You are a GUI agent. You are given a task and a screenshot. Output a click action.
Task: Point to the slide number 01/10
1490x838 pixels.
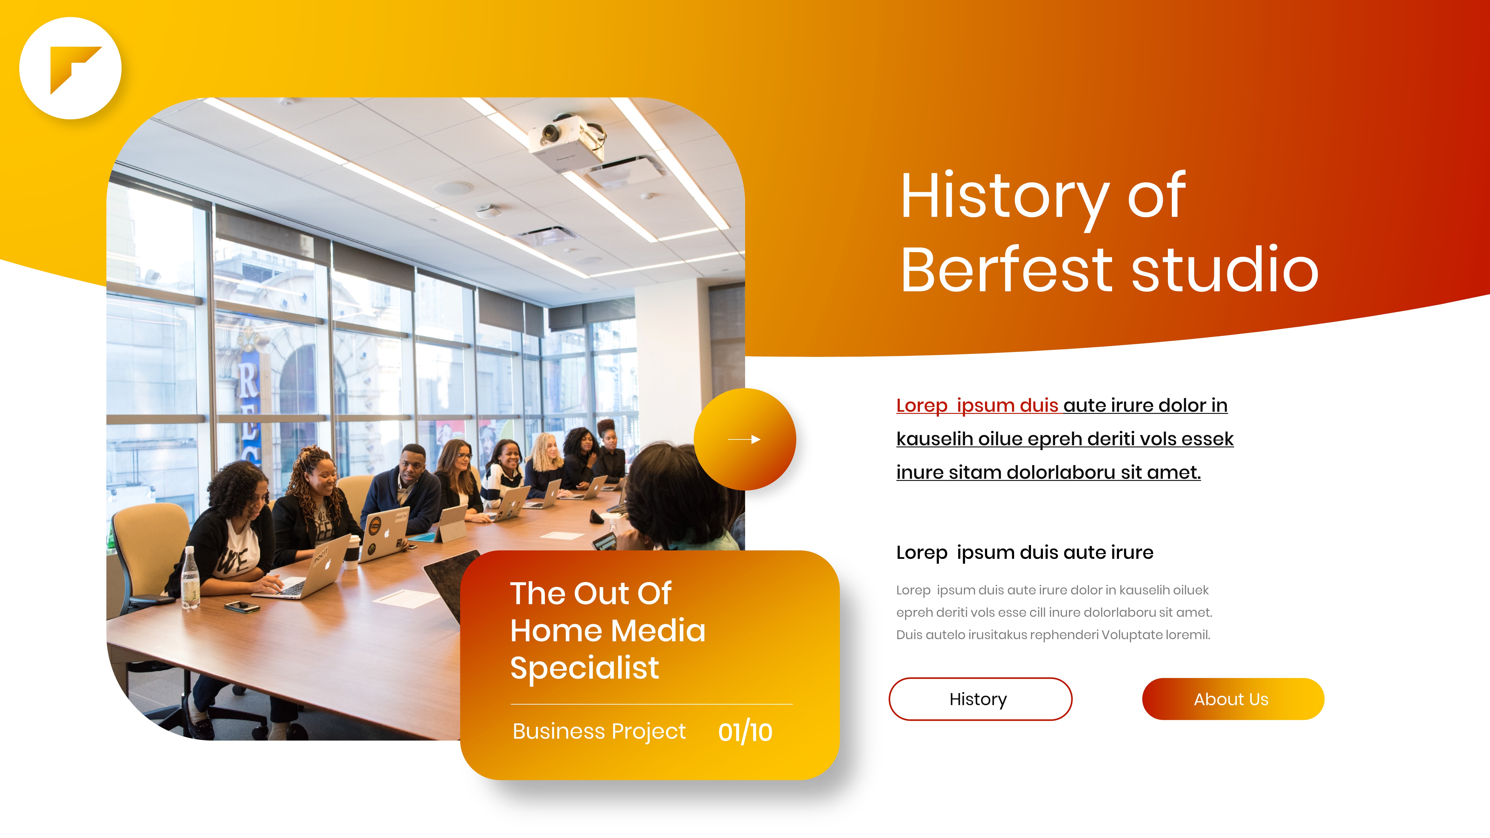pyautogui.click(x=745, y=732)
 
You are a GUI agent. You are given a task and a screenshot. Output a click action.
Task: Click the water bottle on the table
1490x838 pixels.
pyautogui.click(x=190, y=578)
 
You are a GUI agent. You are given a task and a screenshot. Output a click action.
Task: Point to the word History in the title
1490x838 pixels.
pyautogui.click(x=1005, y=197)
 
